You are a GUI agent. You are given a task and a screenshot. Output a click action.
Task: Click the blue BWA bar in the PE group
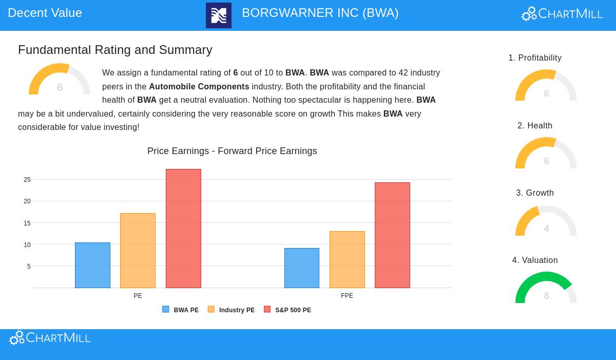tap(92, 265)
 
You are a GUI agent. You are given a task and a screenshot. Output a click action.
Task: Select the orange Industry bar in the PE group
tap(138, 251)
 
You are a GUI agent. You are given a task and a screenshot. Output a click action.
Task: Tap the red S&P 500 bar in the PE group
tap(183, 229)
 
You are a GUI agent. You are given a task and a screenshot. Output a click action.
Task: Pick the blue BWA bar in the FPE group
tap(302, 268)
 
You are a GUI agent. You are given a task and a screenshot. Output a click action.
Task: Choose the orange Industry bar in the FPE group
tap(347, 259)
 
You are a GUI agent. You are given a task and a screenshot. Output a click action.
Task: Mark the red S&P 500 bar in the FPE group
tap(392, 235)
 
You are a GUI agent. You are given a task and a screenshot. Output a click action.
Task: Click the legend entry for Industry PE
tap(232, 310)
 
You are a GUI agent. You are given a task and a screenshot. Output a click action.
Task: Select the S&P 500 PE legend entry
tap(287, 310)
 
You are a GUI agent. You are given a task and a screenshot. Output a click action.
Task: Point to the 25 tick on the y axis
tap(27, 180)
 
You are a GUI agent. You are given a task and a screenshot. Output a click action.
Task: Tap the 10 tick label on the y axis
tap(27, 245)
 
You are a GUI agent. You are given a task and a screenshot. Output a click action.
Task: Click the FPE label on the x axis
tap(347, 296)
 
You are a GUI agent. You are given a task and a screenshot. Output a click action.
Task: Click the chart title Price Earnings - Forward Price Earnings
tap(232, 151)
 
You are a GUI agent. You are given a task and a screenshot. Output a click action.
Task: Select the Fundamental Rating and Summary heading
tap(115, 50)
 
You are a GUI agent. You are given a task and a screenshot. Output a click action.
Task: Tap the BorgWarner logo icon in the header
tap(219, 15)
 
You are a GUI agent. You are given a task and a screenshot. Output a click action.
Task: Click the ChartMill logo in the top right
tap(562, 14)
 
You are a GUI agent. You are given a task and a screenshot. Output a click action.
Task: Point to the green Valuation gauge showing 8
tap(546, 288)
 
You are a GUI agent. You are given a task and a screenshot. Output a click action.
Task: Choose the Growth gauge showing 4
tap(546, 222)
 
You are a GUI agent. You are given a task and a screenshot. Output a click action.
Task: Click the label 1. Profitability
tap(535, 58)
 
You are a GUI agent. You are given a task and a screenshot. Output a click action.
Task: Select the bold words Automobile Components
tap(199, 86)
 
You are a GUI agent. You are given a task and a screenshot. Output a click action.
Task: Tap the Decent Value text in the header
tap(45, 13)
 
